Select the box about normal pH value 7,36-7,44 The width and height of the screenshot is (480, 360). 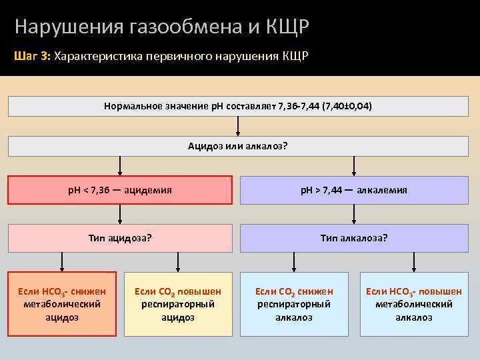238,107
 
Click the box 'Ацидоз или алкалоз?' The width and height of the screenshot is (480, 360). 238,147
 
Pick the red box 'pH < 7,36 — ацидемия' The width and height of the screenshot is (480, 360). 120,190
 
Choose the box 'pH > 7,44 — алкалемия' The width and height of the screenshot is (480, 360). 354,190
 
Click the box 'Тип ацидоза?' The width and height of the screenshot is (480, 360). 120,237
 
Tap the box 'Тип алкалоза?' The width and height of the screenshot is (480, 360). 354,237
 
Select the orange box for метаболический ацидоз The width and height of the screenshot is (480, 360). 62,304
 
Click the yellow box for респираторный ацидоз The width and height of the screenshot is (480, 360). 178,304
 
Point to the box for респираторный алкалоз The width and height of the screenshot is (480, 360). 294,304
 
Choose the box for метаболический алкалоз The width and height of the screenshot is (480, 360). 413,304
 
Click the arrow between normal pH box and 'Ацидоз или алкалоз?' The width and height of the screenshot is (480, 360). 238,127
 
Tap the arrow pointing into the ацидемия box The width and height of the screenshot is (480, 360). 120,167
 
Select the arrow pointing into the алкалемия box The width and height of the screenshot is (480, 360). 354,167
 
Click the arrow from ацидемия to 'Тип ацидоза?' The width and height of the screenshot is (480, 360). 120,213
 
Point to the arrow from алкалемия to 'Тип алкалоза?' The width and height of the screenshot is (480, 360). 354,213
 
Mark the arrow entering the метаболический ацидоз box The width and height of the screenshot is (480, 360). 62,261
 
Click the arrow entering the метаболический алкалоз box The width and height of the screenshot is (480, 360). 413,261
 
